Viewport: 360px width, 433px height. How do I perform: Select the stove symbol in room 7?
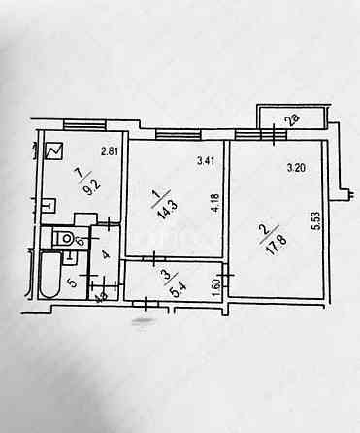pos(52,152)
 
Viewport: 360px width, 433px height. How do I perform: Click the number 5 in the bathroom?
pos(72,283)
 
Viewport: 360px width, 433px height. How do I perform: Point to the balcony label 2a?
pos(291,120)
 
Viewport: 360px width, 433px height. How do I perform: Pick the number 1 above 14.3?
pos(159,195)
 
